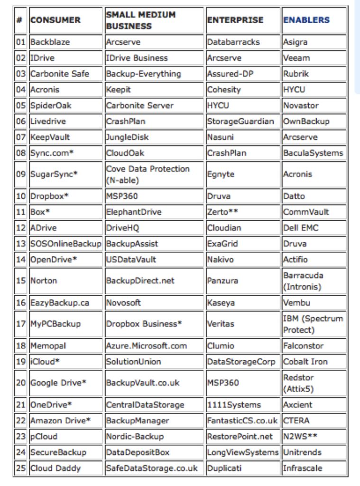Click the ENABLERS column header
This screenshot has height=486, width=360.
pyautogui.click(x=306, y=20)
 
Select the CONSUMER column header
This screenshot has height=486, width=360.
pyautogui.click(x=55, y=20)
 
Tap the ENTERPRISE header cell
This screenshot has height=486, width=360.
pyautogui.click(x=235, y=20)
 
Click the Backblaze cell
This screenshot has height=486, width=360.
pyautogui.click(x=50, y=42)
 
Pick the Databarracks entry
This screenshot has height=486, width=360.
pyautogui.click(x=233, y=42)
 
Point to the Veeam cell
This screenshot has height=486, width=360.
pyautogui.click(x=296, y=58)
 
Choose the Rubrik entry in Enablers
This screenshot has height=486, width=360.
pyautogui.click(x=296, y=74)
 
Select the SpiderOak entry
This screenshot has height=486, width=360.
pyautogui.click(x=51, y=105)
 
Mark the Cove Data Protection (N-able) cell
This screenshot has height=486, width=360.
pyautogui.click(x=148, y=174)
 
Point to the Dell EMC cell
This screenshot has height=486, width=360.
pyautogui.click(x=301, y=227)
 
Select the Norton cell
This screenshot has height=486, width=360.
pyautogui.click(x=44, y=280)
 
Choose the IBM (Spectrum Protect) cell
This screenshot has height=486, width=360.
pyautogui.click(x=313, y=324)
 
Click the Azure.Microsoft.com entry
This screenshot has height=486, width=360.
pyautogui.click(x=147, y=346)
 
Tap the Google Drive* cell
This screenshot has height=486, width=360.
pyautogui.click(x=58, y=383)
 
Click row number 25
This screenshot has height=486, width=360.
pyautogui.click(x=20, y=468)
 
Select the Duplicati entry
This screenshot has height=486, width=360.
pyautogui.click(x=224, y=468)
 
